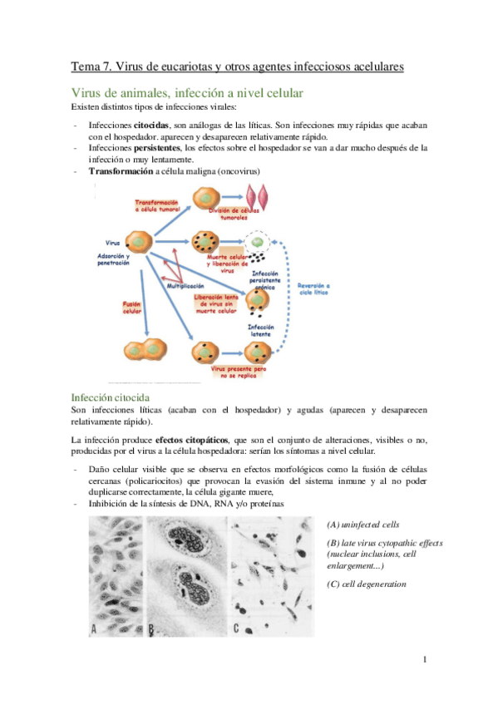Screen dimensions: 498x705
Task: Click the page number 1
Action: coord(425,660)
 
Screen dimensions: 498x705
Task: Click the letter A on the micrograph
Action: coord(94,629)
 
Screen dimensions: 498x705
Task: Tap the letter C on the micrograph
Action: coord(237,629)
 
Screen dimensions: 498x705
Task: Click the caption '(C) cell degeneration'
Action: coord(367,584)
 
